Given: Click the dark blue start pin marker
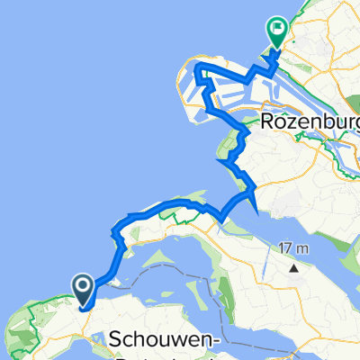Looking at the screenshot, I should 82,289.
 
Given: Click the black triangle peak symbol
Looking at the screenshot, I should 293,267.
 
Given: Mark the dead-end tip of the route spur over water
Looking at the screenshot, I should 259,214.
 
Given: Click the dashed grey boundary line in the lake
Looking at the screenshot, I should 216,297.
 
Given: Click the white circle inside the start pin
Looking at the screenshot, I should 82,286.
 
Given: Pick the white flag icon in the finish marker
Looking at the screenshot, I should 276,29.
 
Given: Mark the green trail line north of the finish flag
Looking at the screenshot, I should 297,9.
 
